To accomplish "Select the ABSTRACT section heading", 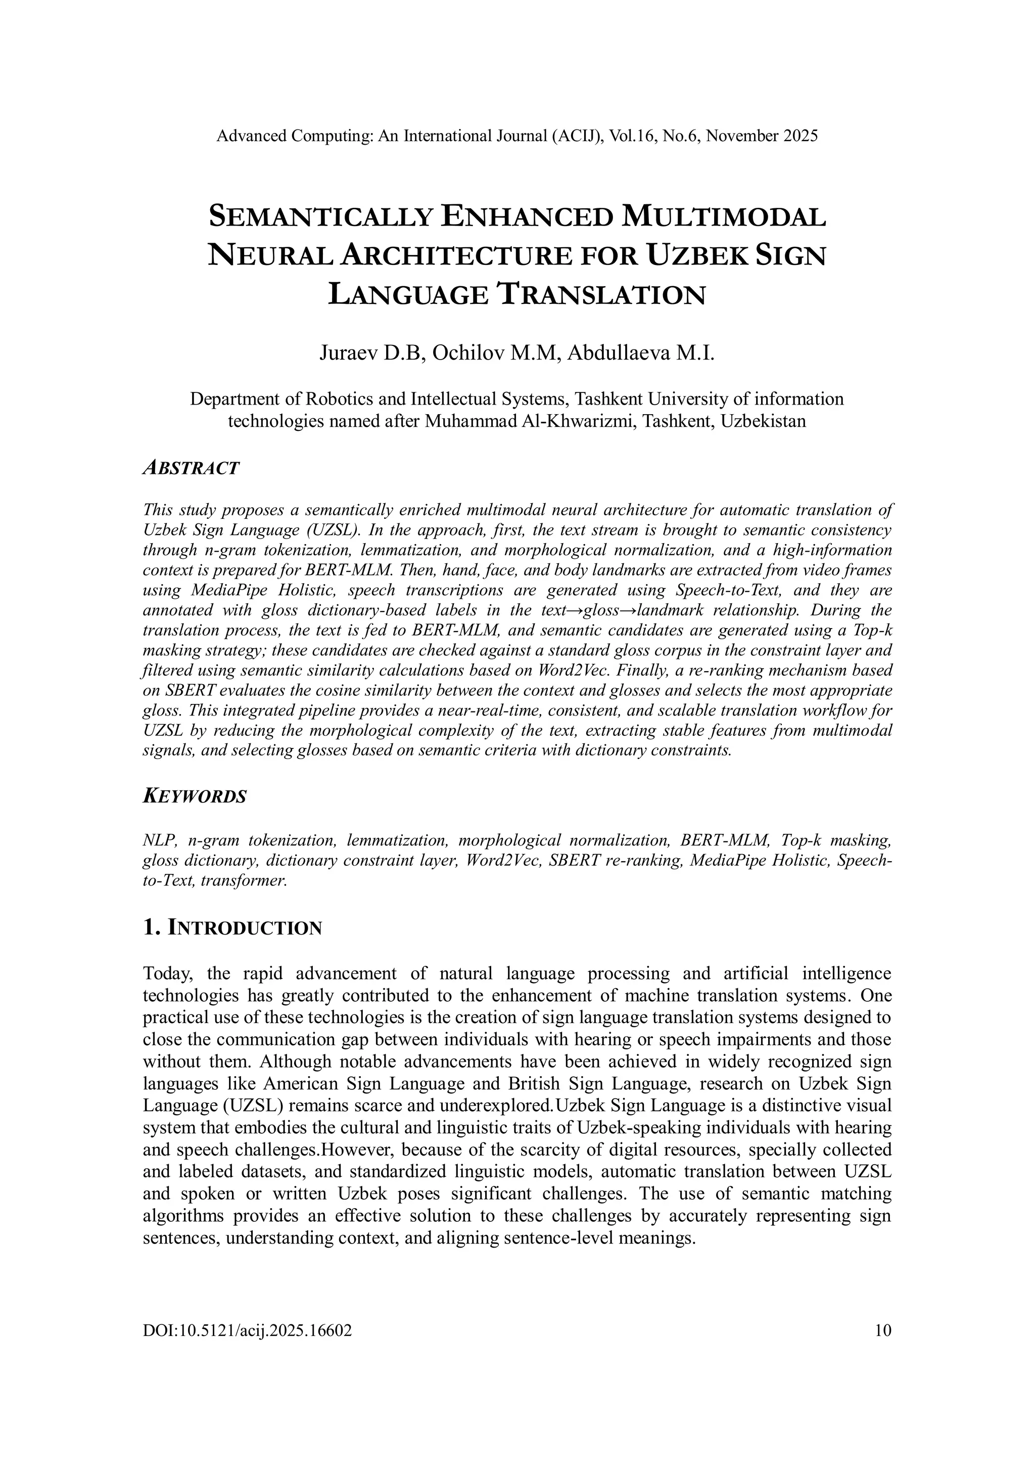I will tap(191, 468).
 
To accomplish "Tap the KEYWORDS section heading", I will tap(195, 797).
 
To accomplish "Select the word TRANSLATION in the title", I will tap(600, 295).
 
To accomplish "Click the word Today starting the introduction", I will tap(168, 973).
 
